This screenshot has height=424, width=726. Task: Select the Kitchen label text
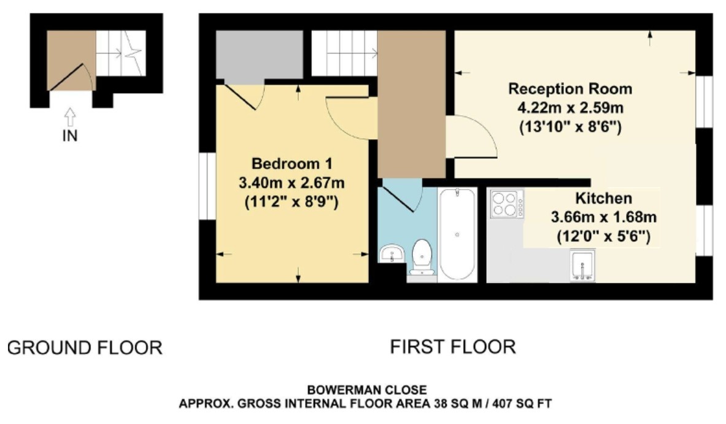pyautogui.click(x=603, y=199)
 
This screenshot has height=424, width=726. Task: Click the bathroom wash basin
pyautogui.click(x=391, y=253)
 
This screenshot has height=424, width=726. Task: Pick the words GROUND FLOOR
pyautogui.click(x=85, y=348)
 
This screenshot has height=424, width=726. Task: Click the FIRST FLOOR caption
pyautogui.click(x=453, y=347)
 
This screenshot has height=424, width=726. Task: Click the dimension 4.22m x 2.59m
pyautogui.click(x=570, y=109)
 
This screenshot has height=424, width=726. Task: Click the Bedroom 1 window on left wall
pyautogui.click(x=207, y=184)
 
